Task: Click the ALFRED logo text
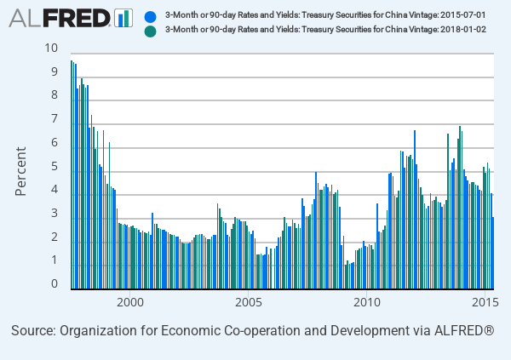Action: click(60, 18)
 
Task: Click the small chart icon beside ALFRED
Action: click(123, 18)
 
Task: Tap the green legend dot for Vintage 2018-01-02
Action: click(151, 30)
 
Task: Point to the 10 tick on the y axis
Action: click(51, 48)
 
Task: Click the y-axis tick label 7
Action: click(55, 119)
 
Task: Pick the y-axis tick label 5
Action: click(55, 167)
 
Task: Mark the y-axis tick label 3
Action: click(55, 214)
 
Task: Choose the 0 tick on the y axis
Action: click(55, 284)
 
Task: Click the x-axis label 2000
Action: click(129, 302)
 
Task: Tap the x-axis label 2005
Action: click(248, 302)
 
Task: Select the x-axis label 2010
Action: click(366, 302)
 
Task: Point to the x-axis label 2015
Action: click(485, 302)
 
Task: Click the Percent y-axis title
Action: click(22, 171)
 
